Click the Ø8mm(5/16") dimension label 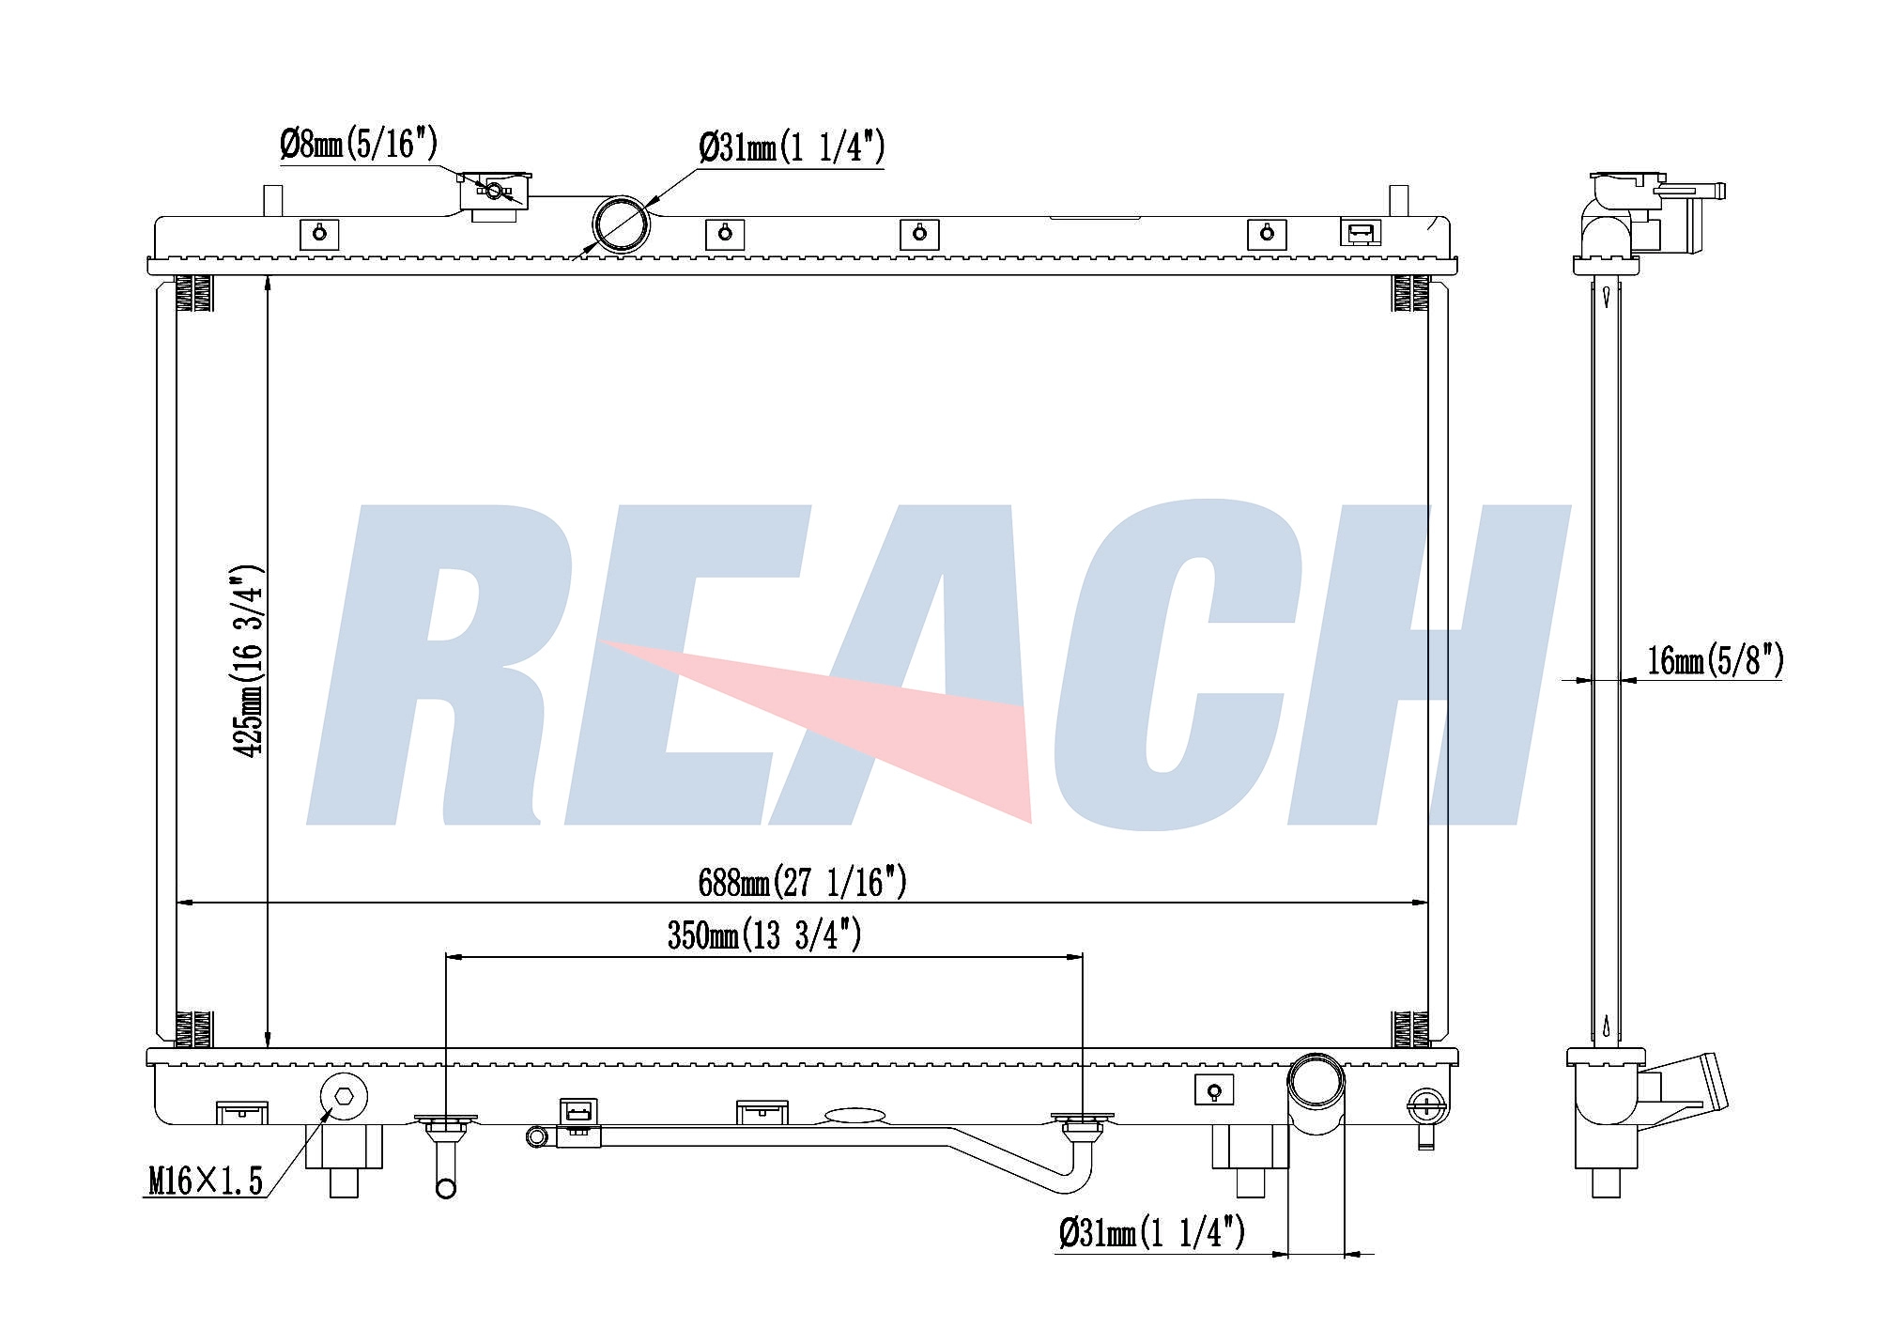[359, 145]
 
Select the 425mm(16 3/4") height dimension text [249, 661]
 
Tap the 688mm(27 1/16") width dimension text [802, 882]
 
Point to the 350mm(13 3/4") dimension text [764, 934]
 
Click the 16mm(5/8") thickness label [1716, 660]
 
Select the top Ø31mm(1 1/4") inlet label [792, 147]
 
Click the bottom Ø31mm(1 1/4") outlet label [1151, 1231]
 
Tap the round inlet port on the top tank [621, 224]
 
